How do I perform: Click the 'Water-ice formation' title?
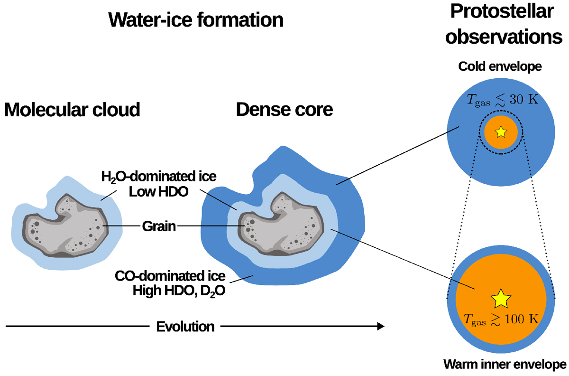[196, 20]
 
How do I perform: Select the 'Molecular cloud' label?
[73, 110]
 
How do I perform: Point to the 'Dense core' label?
[284, 110]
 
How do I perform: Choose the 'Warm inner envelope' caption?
[505, 365]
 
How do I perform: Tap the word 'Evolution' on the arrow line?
[185, 327]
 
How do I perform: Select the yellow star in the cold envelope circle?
[501, 132]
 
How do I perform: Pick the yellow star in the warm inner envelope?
[501, 299]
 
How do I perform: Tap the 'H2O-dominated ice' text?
[159, 177]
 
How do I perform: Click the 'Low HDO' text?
[159, 191]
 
